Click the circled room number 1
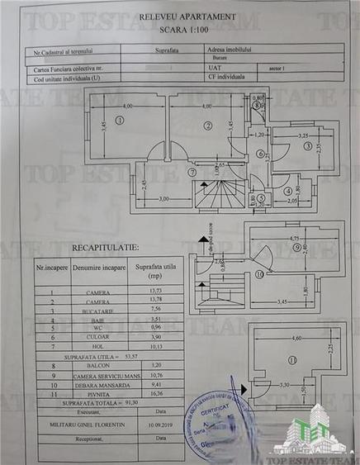click(x=120, y=120)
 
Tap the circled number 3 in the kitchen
click(x=307, y=147)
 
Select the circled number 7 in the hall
click(x=192, y=173)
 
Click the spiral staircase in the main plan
click(x=220, y=197)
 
